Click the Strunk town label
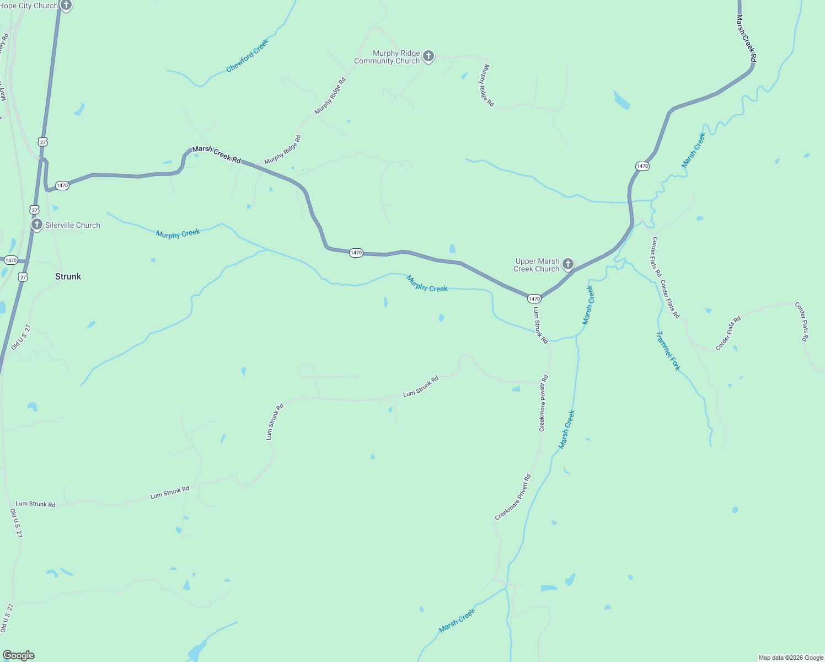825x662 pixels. (68, 276)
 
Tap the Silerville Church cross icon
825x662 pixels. (37, 225)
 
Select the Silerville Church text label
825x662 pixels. (73, 225)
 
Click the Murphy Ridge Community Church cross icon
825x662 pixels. (428, 56)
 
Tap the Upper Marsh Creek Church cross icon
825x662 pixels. (568, 264)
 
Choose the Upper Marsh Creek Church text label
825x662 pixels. (536, 265)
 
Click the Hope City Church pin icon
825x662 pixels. (66, 6)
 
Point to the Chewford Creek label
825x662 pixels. (248, 55)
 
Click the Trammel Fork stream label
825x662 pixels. (668, 351)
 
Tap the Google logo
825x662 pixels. (18, 655)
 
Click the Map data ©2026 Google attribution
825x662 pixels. (791, 658)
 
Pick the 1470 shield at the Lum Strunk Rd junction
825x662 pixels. (534, 298)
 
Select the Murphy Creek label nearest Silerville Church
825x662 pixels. (178, 234)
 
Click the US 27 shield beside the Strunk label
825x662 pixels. (23, 277)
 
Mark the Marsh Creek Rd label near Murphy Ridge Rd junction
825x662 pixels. (216, 154)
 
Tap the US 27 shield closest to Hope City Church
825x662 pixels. (43, 142)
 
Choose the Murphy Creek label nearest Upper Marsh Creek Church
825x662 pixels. (427, 284)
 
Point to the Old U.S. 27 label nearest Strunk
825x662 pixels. (20, 338)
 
